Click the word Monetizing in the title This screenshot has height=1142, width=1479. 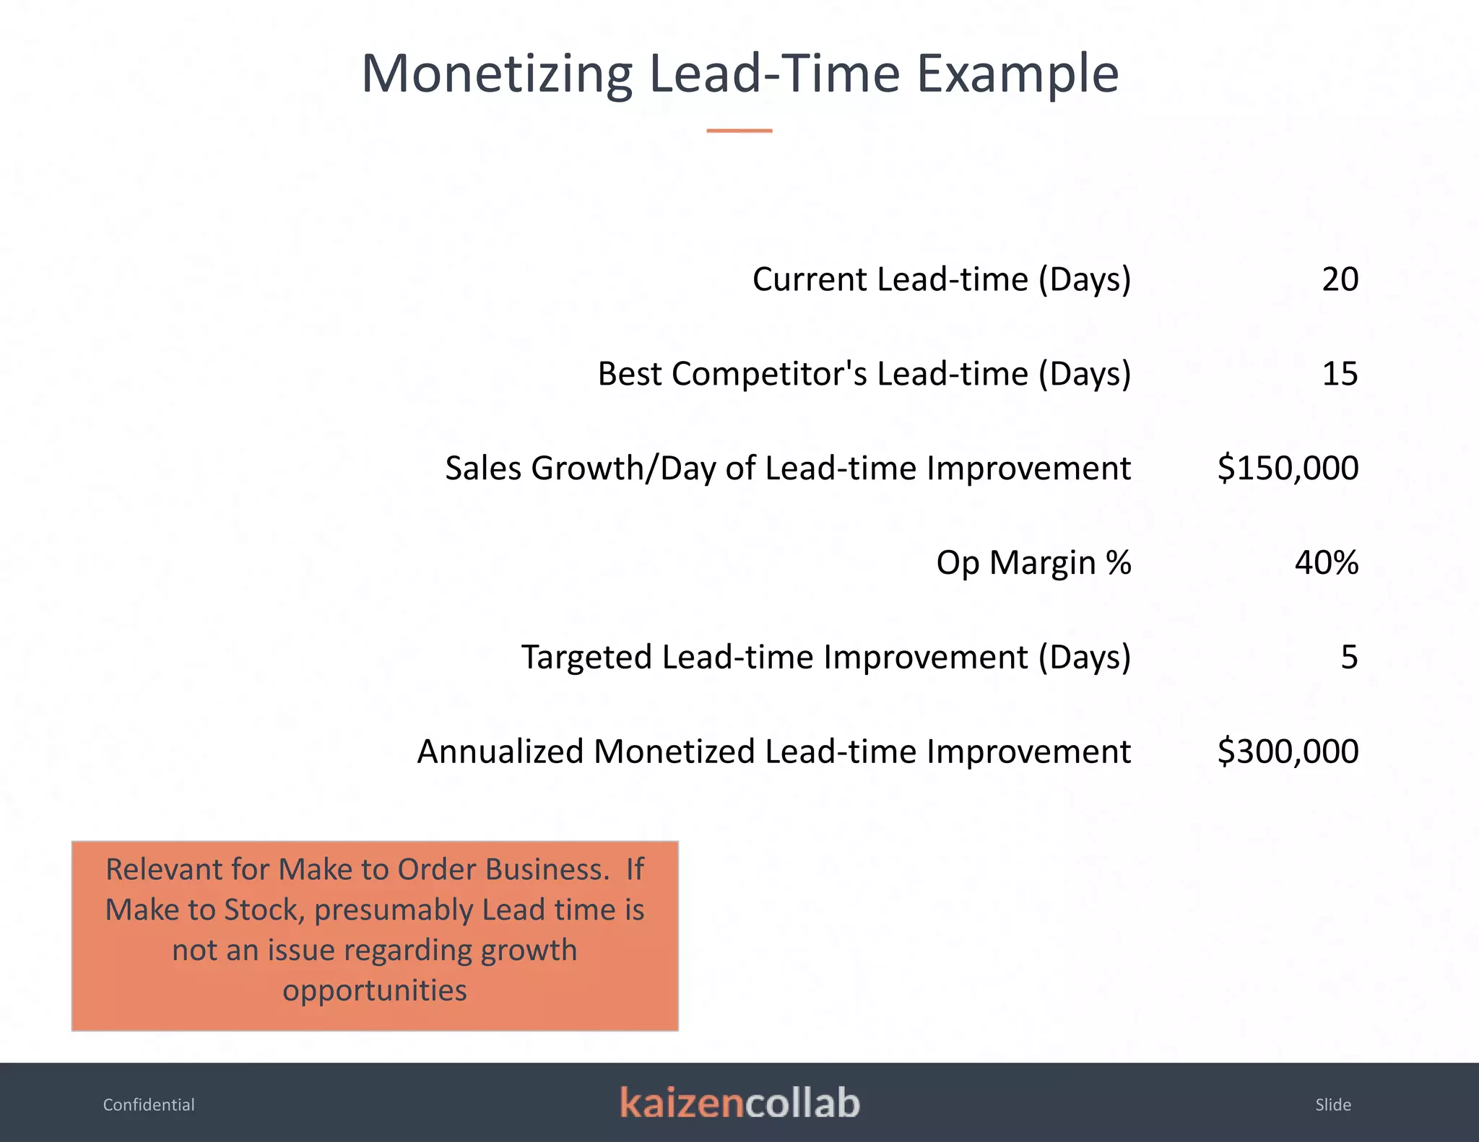[497, 74]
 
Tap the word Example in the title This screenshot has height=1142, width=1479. [1018, 74]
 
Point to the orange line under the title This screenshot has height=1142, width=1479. [739, 131]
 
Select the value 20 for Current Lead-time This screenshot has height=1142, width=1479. [1340, 279]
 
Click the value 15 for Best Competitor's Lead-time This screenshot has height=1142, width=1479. [1340, 374]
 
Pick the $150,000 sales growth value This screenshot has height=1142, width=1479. [1288, 468]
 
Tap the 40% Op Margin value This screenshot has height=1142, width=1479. [1326, 562]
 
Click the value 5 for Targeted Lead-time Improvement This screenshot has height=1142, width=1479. [1349, 657]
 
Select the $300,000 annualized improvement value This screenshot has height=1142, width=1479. [1288, 751]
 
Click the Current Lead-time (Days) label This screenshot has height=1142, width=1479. [941, 279]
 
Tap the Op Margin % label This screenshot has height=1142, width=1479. [1033, 562]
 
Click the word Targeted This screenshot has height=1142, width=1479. [586, 657]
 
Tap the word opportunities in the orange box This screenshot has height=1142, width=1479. [374, 990]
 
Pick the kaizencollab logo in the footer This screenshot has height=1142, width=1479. [739, 1103]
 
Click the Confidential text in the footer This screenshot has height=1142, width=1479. [149, 1104]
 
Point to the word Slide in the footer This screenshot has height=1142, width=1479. [1332, 1104]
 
